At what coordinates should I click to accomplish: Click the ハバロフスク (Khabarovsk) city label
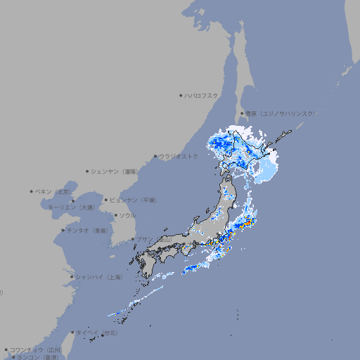click(x=201, y=95)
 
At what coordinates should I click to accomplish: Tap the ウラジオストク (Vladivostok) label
click(x=179, y=156)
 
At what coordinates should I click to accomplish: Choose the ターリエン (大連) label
click(x=71, y=207)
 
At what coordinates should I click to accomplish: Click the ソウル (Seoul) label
click(x=127, y=215)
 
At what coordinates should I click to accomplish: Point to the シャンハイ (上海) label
click(x=98, y=277)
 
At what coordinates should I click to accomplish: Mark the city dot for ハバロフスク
click(x=181, y=95)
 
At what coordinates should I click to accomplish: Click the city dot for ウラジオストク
click(x=155, y=156)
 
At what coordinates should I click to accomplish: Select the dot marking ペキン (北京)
click(x=32, y=191)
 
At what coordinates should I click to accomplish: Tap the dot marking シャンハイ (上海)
click(x=72, y=277)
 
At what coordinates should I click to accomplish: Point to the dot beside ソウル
click(x=115, y=215)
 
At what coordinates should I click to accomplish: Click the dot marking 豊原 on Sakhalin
click(x=242, y=113)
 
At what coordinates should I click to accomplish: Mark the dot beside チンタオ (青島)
click(x=63, y=230)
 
